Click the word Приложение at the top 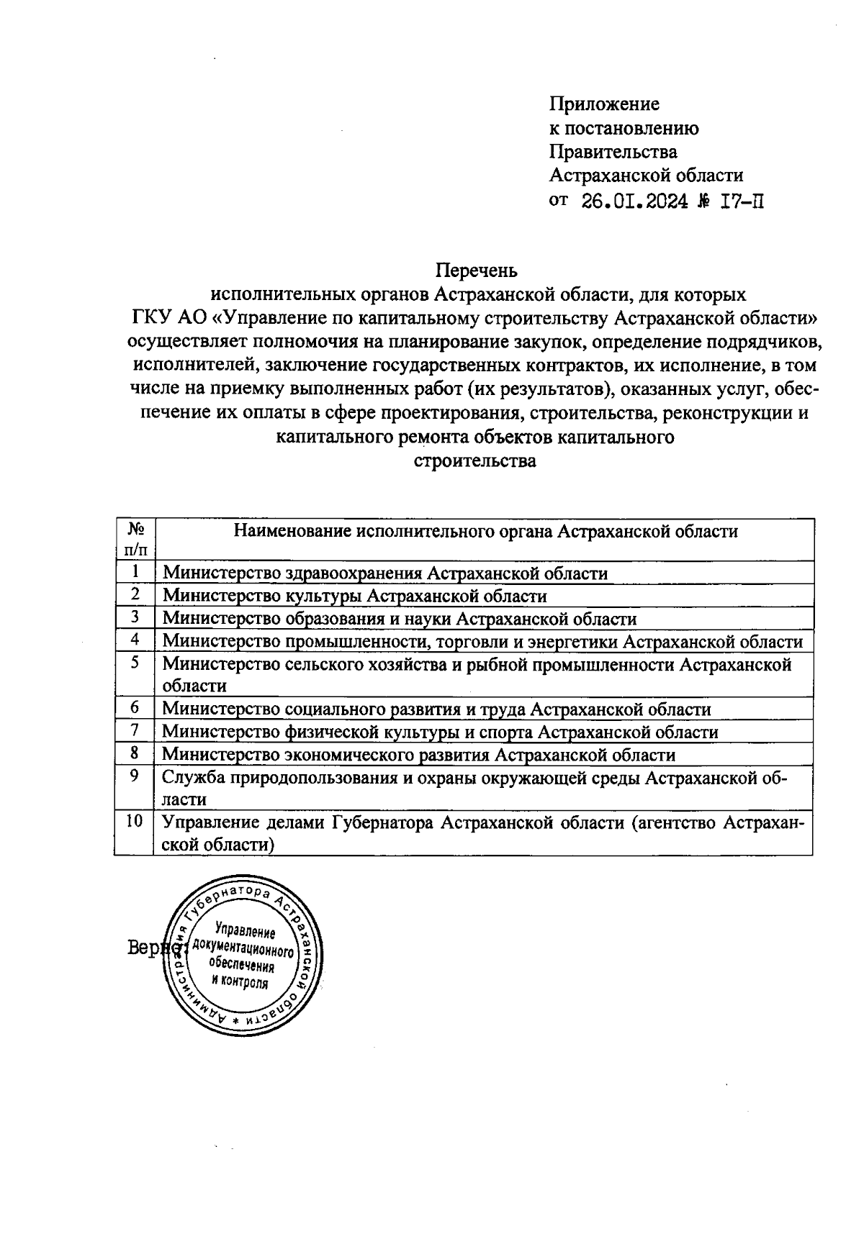pyautogui.click(x=604, y=104)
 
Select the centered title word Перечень pyautogui.click(x=476, y=271)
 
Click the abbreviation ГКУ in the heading pyautogui.click(x=150, y=318)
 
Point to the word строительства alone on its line pyautogui.click(x=475, y=461)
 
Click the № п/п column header pyautogui.click(x=135, y=540)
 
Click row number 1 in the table pyautogui.click(x=135, y=572)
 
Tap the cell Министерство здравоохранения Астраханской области pyautogui.click(x=385, y=573)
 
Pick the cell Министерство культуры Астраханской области pyautogui.click(x=354, y=596)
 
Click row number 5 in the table pyautogui.click(x=135, y=663)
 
